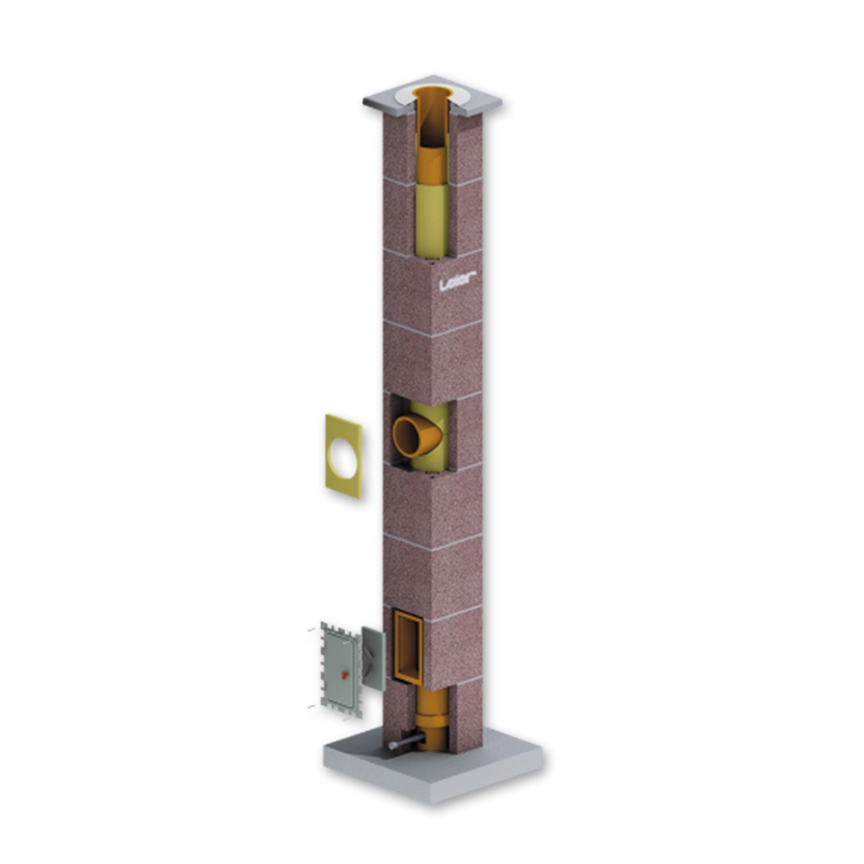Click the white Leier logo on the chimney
(x=457, y=281)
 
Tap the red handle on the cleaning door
(x=345, y=674)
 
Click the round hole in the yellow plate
(x=342, y=455)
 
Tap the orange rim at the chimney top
(x=434, y=92)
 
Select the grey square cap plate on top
(x=433, y=97)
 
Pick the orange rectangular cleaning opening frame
(x=409, y=647)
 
